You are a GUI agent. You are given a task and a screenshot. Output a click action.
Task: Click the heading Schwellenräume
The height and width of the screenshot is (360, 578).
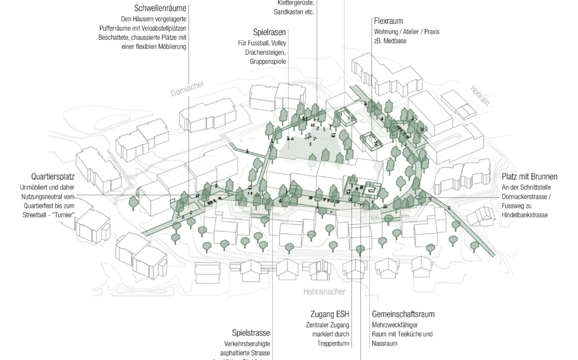click(160, 9)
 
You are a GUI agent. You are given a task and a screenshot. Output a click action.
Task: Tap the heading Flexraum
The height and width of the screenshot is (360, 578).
click(388, 21)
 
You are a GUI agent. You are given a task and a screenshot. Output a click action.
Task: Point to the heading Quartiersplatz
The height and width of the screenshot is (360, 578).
click(54, 177)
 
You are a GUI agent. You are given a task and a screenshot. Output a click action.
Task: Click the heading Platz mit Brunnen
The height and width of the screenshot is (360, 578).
click(529, 177)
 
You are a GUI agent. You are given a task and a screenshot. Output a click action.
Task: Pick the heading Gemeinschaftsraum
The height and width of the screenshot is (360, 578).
click(403, 314)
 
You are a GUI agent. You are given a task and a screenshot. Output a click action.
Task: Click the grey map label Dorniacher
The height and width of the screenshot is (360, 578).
click(187, 88)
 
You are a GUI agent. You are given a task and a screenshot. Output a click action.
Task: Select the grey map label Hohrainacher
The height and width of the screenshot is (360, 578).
click(325, 292)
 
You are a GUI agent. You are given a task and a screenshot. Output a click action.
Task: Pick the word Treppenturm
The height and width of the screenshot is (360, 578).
click(334, 344)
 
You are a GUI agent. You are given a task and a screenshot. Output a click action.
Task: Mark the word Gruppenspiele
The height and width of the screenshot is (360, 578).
click(268, 61)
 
